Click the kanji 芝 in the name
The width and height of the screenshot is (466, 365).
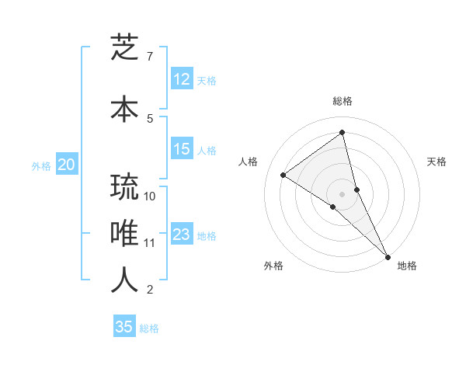pos(124,49)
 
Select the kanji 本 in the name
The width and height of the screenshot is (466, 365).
pos(124,108)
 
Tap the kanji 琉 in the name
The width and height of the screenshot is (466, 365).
pos(124,187)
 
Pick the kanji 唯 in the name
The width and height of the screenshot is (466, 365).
pos(124,234)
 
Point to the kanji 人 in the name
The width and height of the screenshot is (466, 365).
pos(124,280)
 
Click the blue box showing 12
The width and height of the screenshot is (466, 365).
pos(182,79)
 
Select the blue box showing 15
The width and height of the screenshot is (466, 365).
pos(182,149)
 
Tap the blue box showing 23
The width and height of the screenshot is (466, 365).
pos(182,235)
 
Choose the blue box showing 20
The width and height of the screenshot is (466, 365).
pos(67,165)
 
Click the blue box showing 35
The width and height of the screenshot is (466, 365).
pos(124,327)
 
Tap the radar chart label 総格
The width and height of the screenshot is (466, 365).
pos(343,101)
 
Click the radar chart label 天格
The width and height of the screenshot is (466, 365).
pos(437,162)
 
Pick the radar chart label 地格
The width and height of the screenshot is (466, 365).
pos(407,266)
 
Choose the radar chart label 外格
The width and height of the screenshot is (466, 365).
pos(273,266)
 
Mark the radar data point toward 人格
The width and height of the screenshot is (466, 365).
pos(283,175)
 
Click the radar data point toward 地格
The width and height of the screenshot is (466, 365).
pos(387,255)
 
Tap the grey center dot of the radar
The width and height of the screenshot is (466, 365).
pos(343,193)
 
